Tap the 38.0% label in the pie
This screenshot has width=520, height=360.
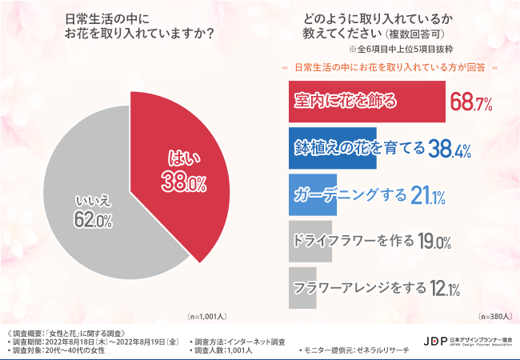pyautogui.click(x=185, y=182)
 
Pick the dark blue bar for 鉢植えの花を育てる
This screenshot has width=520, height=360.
pyautogui.click(x=331, y=149)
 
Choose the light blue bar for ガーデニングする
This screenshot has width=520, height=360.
pyautogui.click(x=312, y=195)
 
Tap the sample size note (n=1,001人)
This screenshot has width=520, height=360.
pyautogui.click(x=206, y=316)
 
